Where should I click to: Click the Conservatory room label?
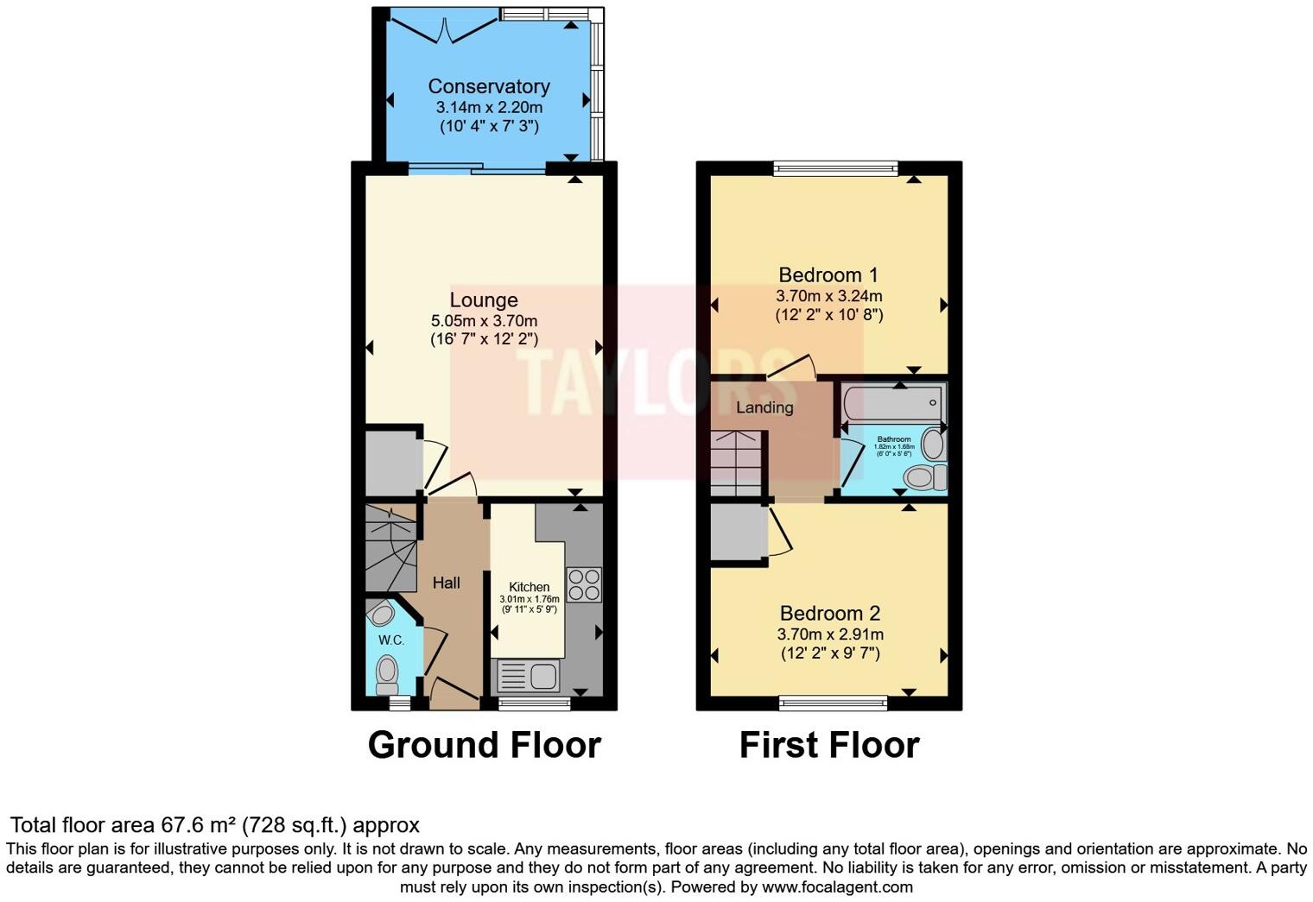pos(489,86)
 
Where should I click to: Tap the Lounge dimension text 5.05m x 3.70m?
pos(484,320)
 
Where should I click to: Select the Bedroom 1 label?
pos(828,275)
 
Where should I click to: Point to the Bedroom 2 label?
pos(829,614)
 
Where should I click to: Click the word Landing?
pos(764,407)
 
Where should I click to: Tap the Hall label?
pos(446,583)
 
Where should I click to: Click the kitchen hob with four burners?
pos(583,584)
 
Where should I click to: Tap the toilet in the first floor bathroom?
pos(923,476)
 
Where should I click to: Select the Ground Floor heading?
pos(484,745)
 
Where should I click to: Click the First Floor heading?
pos(829,745)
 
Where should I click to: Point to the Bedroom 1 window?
pos(835,169)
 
